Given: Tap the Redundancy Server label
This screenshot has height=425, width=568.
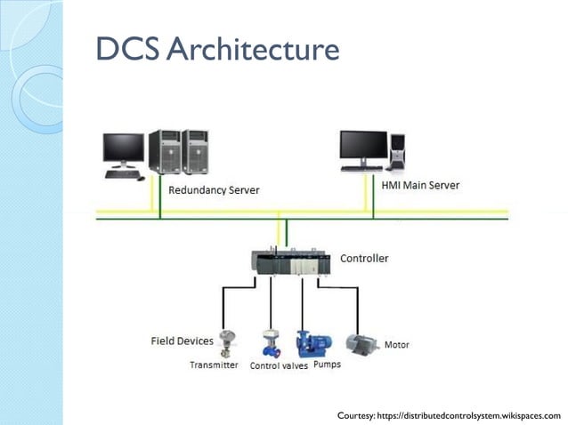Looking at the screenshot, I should pyautogui.click(x=214, y=190).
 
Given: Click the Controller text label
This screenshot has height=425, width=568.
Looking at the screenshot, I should pyautogui.click(x=364, y=259).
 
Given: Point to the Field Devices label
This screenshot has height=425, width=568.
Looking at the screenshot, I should pyautogui.click(x=182, y=341).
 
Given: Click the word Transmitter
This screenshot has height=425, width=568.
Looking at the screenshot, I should pyautogui.click(x=214, y=365).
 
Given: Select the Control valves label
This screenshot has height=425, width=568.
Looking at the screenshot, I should pyautogui.click(x=279, y=365).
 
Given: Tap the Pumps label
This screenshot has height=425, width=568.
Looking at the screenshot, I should pyautogui.click(x=327, y=364).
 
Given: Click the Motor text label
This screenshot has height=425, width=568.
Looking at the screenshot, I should pyautogui.click(x=396, y=344).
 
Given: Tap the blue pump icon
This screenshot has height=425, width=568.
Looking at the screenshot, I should pyautogui.click(x=313, y=342).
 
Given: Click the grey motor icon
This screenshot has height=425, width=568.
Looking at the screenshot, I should pyautogui.click(x=361, y=341).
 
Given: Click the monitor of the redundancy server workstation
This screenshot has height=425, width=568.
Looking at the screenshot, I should pyautogui.click(x=123, y=148).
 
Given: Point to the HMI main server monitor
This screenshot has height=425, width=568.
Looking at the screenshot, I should pyautogui.click(x=363, y=145).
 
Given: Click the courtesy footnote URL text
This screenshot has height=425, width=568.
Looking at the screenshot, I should pyautogui.click(x=449, y=415).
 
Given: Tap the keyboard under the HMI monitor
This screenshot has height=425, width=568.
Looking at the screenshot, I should pyautogui.click(x=361, y=167).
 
